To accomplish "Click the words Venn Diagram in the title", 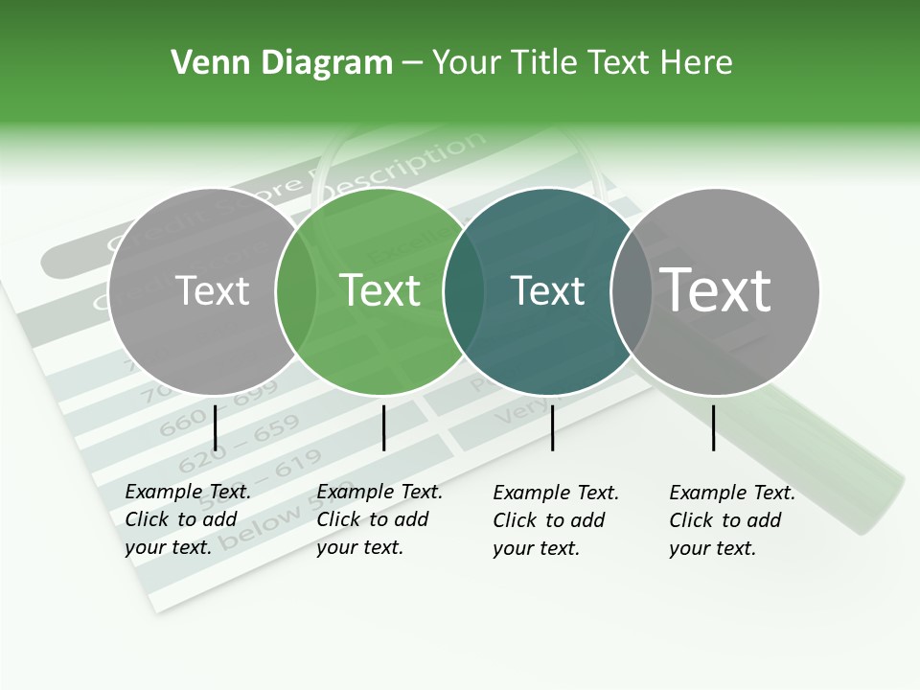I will (x=282, y=63).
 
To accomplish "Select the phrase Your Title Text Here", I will (x=583, y=63).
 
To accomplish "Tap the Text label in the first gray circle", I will (x=212, y=290).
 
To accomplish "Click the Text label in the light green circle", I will (x=380, y=290).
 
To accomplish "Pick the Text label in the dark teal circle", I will (x=548, y=290).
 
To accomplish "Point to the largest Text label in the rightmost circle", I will (x=716, y=290).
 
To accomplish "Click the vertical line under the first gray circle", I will (x=216, y=427).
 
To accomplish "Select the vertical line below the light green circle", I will (x=383, y=427).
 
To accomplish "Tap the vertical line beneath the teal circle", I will (x=553, y=427).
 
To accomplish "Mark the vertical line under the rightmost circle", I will (x=714, y=427).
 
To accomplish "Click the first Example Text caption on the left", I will (x=188, y=519).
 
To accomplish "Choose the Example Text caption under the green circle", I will (x=379, y=519).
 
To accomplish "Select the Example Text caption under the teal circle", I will (x=556, y=520).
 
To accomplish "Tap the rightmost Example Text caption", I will (x=732, y=520).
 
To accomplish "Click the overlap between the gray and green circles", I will (x=296, y=290).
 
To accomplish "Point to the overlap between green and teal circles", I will (x=464, y=290).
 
